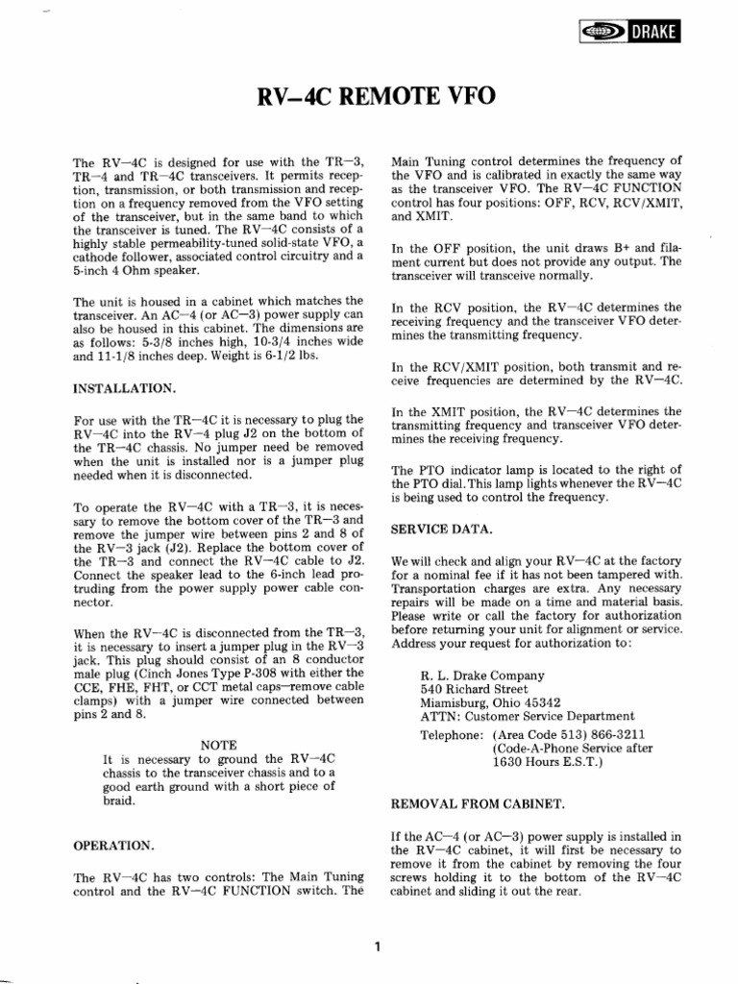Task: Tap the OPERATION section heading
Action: click(x=112, y=845)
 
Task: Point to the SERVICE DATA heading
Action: click(x=439, y=529)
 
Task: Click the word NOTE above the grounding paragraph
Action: click(x=218, y=744)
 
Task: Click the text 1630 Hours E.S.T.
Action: click(x=547, y=762)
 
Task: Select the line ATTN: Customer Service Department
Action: click(x=527, y=715)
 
